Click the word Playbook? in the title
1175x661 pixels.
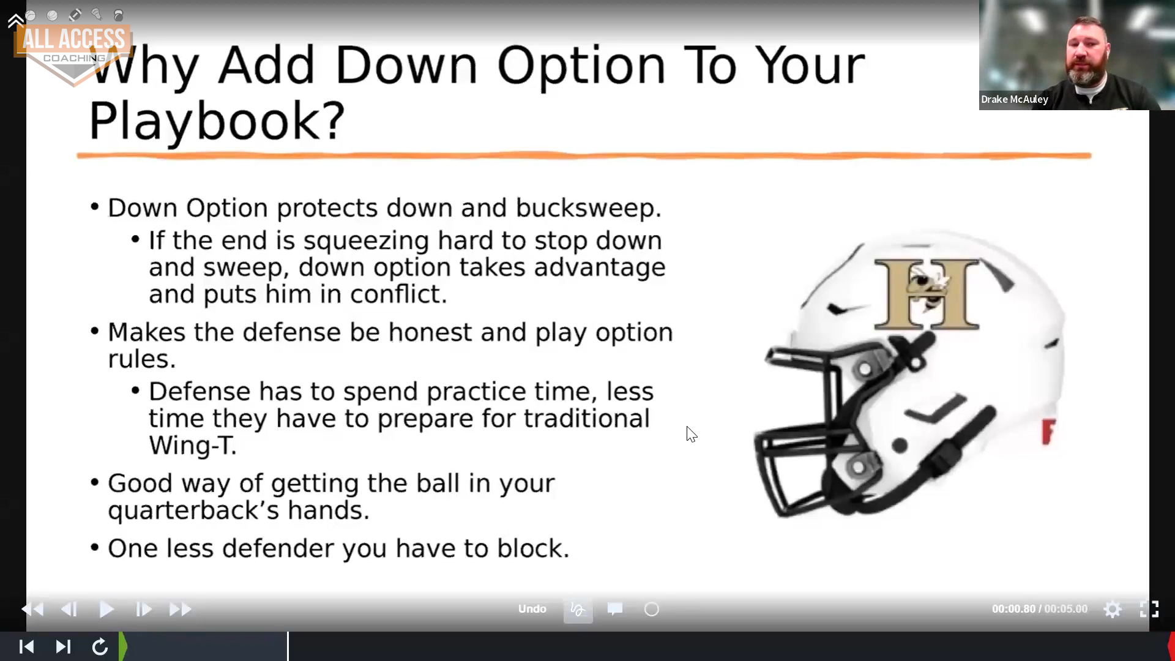tap(217, 120)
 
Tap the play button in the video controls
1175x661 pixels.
tap(106, 610)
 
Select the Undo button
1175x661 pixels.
tap(532, 609)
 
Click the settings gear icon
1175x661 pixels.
tap(1113, 610)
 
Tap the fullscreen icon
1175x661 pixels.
tap(1149, 609)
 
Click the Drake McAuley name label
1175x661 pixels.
tap(1014, 99)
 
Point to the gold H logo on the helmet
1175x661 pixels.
tap(927, 293)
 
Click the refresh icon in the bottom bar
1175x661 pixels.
tap(100, 646)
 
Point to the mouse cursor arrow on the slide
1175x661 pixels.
tap(691, 434)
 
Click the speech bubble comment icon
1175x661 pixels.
tap(615, 609)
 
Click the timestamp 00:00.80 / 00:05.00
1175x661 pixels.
tap(1040, 610)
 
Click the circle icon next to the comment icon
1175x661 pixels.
tap(652, 609)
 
